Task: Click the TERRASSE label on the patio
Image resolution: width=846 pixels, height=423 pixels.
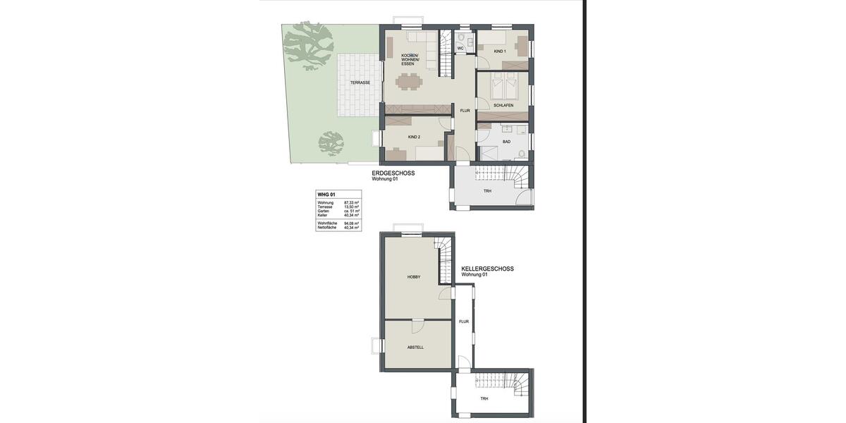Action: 360,83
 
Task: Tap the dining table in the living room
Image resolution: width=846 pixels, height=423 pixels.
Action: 410,82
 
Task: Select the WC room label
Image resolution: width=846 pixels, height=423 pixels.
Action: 460,49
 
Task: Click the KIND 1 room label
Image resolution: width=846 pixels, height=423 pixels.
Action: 499,51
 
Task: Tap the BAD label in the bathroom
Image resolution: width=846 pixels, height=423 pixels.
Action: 506,142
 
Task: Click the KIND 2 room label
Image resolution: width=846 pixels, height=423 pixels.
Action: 414,137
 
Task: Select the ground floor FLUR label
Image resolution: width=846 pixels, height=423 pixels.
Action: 465,111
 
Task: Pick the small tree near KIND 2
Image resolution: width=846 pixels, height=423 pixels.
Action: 331,143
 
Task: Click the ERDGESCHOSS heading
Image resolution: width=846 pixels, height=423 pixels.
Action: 393,173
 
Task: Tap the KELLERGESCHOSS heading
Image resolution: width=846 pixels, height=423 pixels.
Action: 487,269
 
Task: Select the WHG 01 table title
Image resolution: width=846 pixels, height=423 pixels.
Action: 326,195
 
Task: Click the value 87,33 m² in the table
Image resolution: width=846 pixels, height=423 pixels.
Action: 351,203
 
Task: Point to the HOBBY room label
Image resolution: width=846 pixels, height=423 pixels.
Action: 414,277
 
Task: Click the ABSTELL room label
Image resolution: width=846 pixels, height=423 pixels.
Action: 415,347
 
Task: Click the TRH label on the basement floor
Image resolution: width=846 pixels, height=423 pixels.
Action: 484,399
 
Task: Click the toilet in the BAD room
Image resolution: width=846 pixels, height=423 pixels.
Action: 522,154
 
